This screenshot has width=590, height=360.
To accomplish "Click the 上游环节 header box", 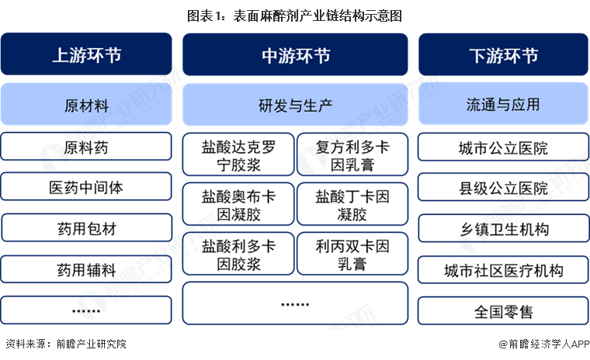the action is (x=86, y=54).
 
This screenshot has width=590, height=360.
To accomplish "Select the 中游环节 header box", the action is (x=295, y=54).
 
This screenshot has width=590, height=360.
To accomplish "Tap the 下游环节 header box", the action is (x=504, y=54).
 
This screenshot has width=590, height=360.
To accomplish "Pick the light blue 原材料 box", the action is (x=86, y=104).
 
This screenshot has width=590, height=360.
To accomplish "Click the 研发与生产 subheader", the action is (x=295, y=105).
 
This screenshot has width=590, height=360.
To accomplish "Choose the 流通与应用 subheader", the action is (x=504, y=104).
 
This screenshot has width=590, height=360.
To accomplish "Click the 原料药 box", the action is (x=86, y=147).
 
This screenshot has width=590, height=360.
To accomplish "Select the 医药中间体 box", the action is (x=86, y=186).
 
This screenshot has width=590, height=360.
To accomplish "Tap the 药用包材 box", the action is (x=87, y=228).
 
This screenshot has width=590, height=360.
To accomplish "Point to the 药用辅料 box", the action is (x=86, y=269).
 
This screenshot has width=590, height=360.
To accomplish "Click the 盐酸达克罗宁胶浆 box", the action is (x=238, y=154).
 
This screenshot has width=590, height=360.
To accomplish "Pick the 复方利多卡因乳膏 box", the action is (x=352, y=154).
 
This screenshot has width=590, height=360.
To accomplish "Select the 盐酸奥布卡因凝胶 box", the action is (x=238, y=204).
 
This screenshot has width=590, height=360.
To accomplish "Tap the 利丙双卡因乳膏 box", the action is (x=352, y=254).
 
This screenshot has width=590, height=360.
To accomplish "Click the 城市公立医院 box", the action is (x=504, y=147).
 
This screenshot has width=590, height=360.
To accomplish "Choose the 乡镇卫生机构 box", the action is (x=504, y=228).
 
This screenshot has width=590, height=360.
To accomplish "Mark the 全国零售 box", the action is (x=504, y=310).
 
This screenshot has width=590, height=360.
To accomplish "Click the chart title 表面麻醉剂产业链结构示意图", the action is (x=295, y=16).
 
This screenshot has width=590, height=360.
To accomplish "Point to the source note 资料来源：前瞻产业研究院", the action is (x=66, y=344).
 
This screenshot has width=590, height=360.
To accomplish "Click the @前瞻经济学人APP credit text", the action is (x=543, y=344).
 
